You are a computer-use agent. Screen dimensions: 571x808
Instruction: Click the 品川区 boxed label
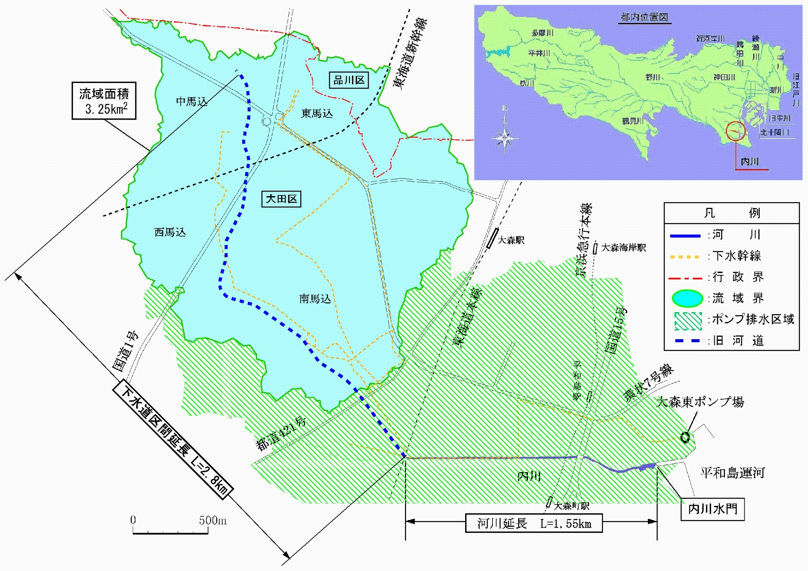click(349, 80)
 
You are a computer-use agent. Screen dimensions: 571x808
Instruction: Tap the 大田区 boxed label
click(281, 199)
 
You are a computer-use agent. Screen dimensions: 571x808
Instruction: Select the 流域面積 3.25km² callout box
click(104, 101)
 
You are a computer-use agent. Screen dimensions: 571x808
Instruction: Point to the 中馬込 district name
click(192, 102)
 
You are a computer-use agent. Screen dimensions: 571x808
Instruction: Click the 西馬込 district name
click(170, 232)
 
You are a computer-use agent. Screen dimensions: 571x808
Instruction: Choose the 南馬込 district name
click(315, 299)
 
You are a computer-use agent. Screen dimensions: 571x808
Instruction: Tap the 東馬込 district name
click(317, 113)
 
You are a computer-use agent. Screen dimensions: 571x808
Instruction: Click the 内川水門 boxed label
click(712, 509)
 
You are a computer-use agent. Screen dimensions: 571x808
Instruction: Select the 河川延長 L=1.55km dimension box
click(534, 523)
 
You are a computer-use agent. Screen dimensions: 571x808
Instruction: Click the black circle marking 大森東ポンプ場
click(685, 437)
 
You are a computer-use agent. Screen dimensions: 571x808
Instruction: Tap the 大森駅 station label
click(511, 240)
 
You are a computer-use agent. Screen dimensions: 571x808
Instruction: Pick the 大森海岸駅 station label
click(623, 248)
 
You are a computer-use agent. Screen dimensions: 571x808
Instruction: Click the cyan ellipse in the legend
click(687, 298)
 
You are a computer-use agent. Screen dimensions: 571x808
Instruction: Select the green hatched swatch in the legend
click(688, 321)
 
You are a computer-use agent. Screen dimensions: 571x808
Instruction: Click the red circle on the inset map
click(735, 131)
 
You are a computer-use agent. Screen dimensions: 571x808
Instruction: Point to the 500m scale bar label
click(213, 520)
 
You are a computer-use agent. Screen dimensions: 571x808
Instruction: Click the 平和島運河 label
click(732, 473)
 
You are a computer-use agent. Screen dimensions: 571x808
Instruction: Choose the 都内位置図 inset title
click(644, 17)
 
